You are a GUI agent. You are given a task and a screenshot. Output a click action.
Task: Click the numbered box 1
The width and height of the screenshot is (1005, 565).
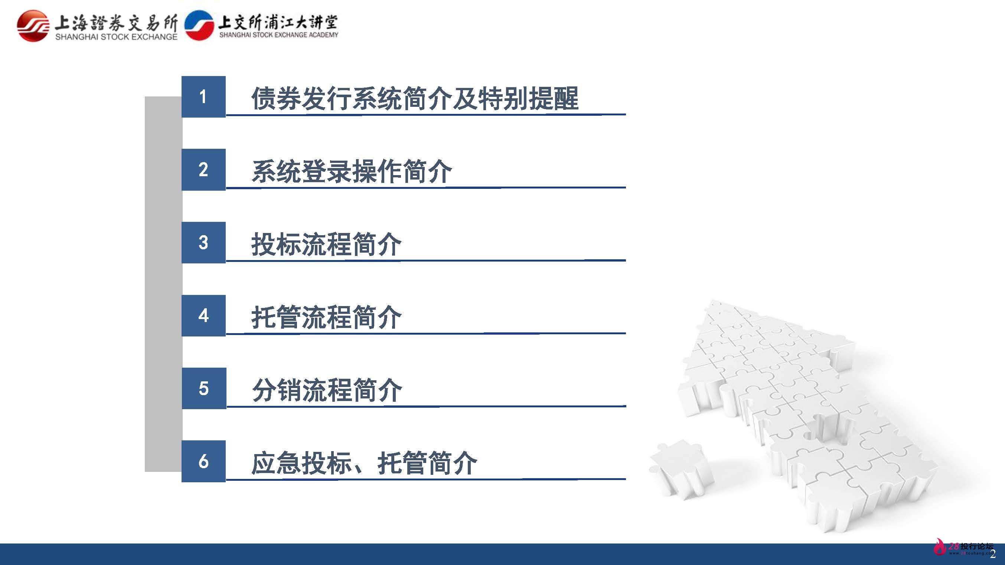(x=203, y=97)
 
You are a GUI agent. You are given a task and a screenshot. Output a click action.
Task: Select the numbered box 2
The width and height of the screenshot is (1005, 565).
(x=203, y=170)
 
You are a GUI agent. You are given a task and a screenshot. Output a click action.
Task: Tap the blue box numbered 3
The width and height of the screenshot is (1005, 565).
(x=203, y=243)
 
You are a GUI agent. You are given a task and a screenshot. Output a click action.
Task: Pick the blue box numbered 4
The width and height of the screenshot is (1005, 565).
(x=203, y=315)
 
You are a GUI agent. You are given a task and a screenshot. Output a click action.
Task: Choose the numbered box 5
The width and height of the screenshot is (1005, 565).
(x=204, y=388)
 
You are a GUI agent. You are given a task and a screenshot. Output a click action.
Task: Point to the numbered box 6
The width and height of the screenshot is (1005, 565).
(x=203, y=461)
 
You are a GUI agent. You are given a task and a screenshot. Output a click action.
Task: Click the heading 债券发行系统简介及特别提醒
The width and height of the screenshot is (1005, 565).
(x=415, y=98)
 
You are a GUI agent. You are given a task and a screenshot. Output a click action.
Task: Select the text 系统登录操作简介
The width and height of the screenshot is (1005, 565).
(x=352, y=171)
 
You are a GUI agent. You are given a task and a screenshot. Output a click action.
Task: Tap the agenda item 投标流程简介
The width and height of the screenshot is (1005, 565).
(x=326, y=244)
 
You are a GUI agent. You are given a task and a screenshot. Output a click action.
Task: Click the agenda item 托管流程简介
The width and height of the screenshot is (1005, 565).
(x=326, y=317)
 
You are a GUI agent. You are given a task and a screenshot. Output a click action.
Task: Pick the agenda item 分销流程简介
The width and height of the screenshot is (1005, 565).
(x=327, y=390)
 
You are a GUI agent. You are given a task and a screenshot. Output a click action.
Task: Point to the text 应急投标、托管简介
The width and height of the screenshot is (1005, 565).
(x=364, y=463)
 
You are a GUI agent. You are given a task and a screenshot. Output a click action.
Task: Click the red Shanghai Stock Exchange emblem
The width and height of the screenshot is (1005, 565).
(x=33, y=26)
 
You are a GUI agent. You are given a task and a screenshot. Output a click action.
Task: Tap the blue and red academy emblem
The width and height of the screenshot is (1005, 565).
(x=199, y=26)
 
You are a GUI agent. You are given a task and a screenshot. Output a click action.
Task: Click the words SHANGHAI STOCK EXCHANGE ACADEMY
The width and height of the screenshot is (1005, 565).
(x=278, y=35)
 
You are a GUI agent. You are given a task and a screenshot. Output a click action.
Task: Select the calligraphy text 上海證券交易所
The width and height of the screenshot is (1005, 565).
(x=116, y=23)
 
